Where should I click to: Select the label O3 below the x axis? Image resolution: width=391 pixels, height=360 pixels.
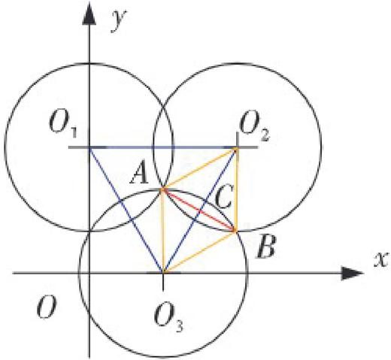168,319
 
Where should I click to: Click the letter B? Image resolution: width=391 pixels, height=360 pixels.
265,247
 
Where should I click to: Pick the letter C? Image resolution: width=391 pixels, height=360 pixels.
224,197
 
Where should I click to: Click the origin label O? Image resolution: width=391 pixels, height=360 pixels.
47,306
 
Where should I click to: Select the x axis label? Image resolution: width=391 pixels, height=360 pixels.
381,259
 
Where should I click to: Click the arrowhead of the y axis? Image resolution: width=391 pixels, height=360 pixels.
89,16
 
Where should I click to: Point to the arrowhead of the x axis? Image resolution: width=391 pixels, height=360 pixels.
353,273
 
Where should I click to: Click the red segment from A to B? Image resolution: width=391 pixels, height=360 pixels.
199,210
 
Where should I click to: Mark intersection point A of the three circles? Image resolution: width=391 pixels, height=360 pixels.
163,189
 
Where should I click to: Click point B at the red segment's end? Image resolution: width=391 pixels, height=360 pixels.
235,231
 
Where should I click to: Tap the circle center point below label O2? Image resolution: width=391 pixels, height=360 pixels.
236,148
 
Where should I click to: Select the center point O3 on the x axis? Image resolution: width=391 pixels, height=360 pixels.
163,273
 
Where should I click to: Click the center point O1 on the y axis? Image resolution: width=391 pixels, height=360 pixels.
89,148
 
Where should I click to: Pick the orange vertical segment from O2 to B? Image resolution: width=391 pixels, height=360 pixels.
236,189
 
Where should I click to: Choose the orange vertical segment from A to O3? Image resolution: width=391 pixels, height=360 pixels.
163,231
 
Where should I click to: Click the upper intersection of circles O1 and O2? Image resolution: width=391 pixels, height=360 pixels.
163,107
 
